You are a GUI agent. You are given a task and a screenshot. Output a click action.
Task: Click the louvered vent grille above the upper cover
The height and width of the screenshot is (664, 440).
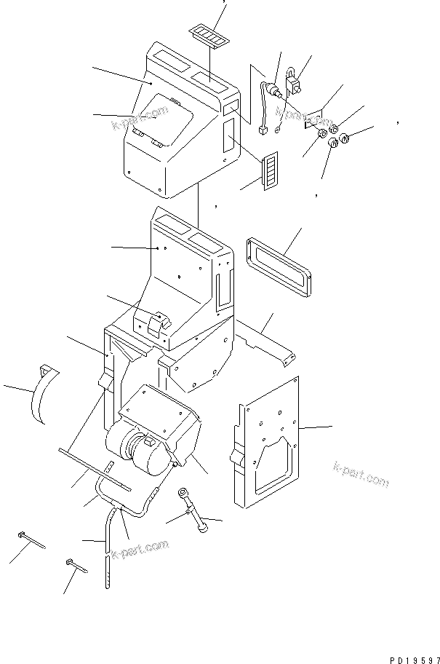206,34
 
